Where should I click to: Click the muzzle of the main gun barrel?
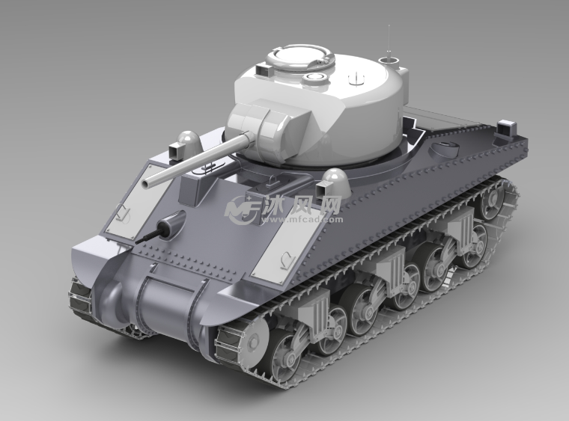pos(147,183)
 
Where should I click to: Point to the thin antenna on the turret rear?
pos(389,43)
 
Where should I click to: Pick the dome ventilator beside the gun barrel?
pos(189,143)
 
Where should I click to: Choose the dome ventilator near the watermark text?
pos(336,181)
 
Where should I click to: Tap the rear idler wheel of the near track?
pos(493,201)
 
